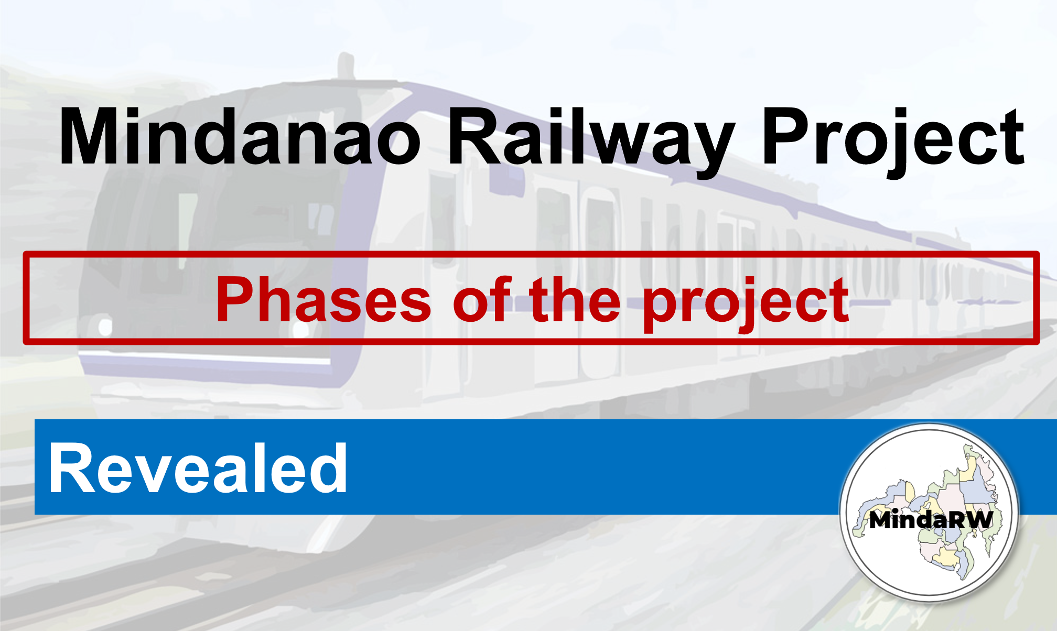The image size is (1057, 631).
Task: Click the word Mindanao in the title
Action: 240,136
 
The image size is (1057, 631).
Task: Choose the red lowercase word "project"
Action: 746,304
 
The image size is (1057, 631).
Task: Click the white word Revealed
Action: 198,467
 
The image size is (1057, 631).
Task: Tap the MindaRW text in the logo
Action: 931,520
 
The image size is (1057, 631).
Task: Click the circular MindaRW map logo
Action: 929,513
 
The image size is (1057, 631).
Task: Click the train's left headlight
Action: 105,327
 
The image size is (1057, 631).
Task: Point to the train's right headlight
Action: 301,329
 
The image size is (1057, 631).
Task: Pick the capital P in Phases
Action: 236,298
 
